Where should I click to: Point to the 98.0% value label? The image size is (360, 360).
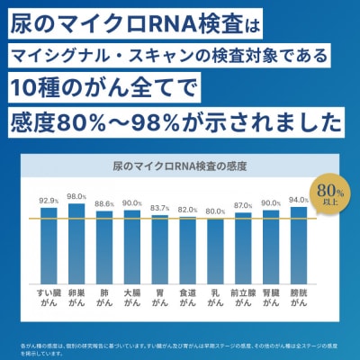[x=76, y=196]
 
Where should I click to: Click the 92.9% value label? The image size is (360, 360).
[x=49, y=201]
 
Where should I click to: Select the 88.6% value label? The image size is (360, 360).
[x=104, y=204]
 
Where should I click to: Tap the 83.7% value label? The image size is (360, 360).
[x=160, y=208]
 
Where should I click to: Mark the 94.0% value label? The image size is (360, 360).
[x=298, y=200]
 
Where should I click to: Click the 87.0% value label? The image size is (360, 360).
[x=243, y=205]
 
